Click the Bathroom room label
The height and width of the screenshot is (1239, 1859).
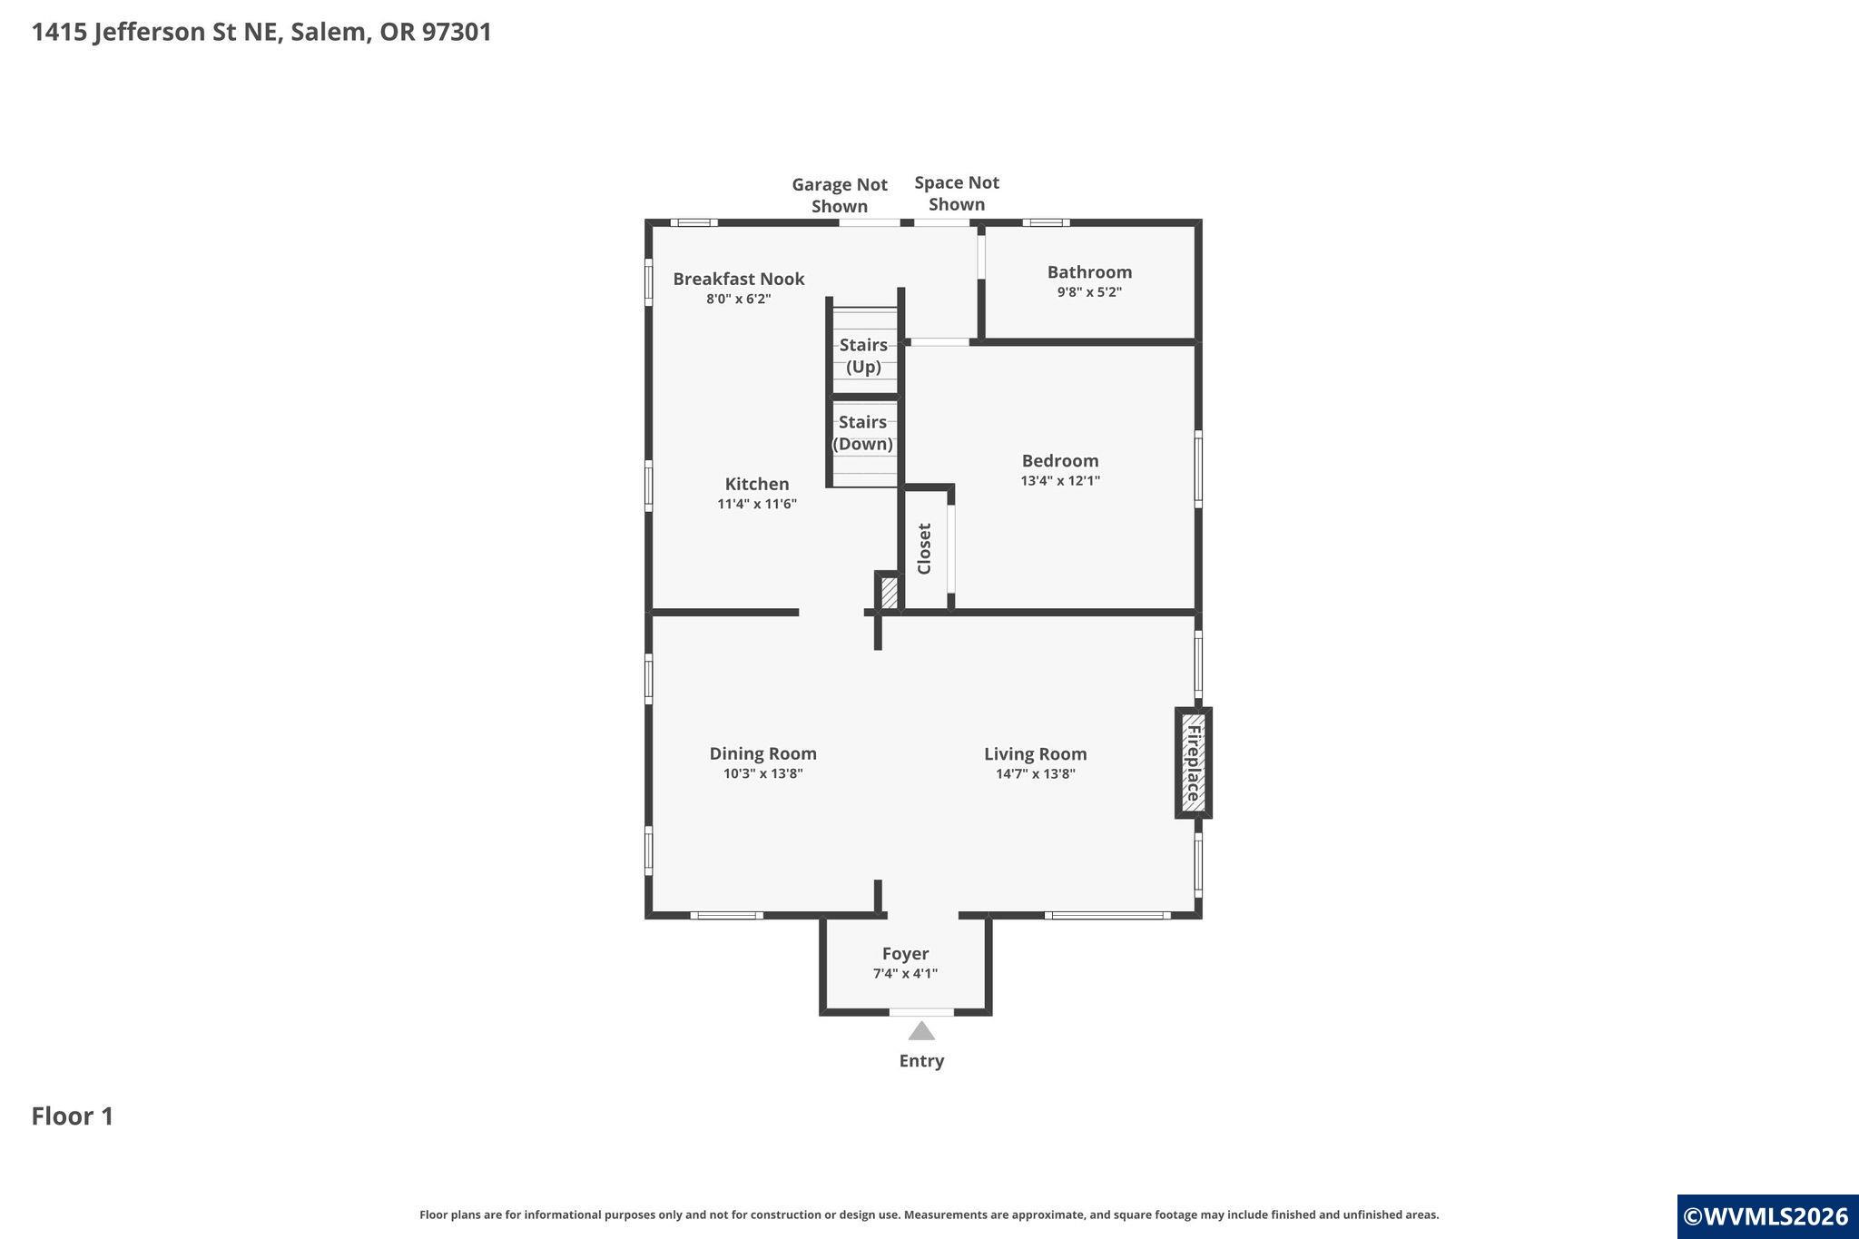pos(1089,272)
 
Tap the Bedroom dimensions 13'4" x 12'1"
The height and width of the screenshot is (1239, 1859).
pos(1060,481)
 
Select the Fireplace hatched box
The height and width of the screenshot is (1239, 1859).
pos(1193,762)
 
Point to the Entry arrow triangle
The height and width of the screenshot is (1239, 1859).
pos(921,1030)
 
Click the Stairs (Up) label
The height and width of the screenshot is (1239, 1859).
pos(863,356)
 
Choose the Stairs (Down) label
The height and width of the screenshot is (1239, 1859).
pos(862,433)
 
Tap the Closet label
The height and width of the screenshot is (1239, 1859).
pos(925,548)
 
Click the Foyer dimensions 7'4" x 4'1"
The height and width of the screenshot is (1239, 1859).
pos(905,974)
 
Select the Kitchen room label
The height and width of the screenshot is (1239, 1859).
pos(757,484)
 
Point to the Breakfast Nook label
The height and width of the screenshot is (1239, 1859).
pos(739,279)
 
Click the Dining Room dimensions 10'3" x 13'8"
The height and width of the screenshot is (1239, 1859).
pos(763,774)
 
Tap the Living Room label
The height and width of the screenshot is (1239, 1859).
pos(1036,753)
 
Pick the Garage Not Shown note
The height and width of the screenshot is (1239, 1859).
pos(840,195)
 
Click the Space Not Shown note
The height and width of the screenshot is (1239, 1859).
pos(957,193)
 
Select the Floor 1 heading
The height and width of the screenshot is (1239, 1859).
pos(73,1116)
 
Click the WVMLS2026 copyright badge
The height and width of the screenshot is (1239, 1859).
pos(1767,1216)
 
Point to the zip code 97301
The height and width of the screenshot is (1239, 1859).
pos(457,32)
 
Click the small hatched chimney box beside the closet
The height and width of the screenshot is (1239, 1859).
pos(890,593)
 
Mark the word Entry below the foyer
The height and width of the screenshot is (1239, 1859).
pos(921,1061)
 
